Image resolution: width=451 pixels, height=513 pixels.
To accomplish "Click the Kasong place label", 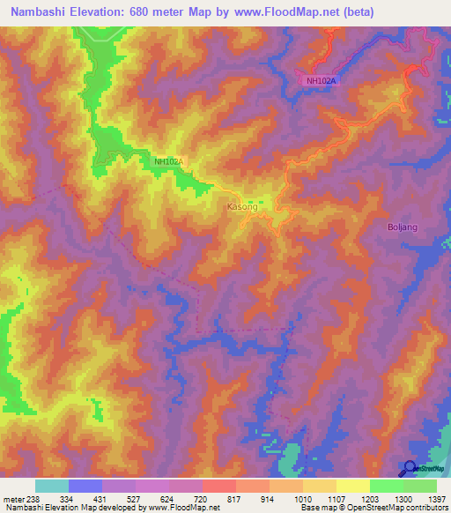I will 242,207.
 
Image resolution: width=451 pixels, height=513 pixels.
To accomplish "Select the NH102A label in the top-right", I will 322,81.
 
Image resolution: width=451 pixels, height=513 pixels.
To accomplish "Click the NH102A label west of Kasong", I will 168,161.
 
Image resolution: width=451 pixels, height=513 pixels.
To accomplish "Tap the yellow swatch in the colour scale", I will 352,486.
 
